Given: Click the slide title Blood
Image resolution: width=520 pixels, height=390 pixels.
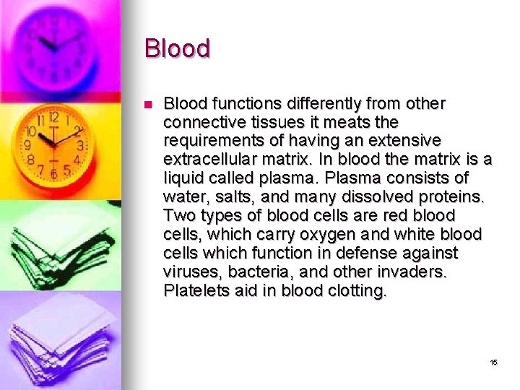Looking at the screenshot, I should pyautogui.click(x=177, y=48).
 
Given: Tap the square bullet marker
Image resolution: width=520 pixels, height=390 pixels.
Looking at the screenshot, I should pyautogui.click(x=148, y=105).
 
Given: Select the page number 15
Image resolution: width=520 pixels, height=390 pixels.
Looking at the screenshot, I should pyautogui.click(x=493, y=362).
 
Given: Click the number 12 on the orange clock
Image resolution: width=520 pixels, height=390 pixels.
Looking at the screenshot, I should pyautogui.click(x=53, y=117).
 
